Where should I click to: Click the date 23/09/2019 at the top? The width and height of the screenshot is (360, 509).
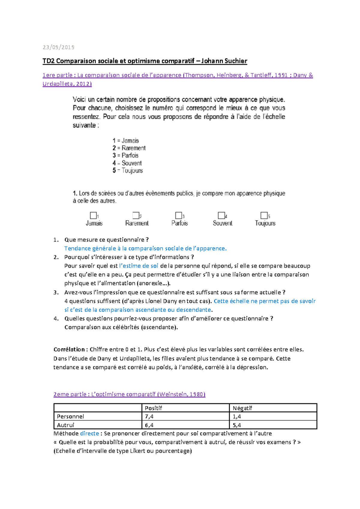58,47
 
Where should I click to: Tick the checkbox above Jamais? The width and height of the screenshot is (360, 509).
93,215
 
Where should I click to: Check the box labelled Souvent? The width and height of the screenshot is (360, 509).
221,215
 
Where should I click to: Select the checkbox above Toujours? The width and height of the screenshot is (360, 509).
264,215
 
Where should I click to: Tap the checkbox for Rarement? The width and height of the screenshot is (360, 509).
136,215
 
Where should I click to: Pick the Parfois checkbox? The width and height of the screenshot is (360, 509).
178,215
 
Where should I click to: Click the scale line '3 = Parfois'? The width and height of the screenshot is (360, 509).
125,155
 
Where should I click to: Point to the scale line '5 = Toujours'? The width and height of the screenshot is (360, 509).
127,170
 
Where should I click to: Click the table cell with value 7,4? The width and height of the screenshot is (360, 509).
149,417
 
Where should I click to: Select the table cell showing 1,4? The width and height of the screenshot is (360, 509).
237,417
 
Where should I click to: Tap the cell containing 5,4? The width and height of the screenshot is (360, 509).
237,425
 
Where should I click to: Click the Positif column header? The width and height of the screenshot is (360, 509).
153,408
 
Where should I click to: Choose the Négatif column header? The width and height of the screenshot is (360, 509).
242,408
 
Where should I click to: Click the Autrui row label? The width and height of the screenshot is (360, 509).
65,425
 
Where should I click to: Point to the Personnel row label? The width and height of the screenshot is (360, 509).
70,417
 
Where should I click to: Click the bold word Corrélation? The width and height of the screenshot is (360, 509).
69,349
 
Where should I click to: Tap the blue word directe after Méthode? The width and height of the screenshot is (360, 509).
89,433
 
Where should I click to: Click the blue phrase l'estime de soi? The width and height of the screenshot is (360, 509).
139,266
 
